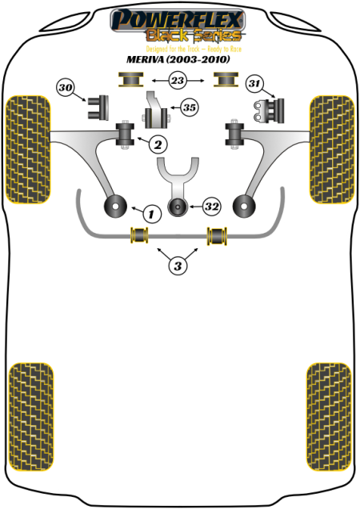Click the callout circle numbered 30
pos(66,87)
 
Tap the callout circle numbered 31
pos(254,83)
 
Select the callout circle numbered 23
pos(178,80)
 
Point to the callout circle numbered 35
pos(190,107)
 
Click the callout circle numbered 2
pos(158,144)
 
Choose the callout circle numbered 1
pos(151,214)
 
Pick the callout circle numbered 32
pos(212,206)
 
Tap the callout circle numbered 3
pos(178,266)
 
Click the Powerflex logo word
pos(178,20)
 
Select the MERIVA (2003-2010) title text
pos(178,59)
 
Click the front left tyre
pos(28,150)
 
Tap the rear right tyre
pos(329,417)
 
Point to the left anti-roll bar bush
pos(139,235)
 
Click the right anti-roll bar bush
pos(217,235)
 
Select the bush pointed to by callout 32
pos(178,206)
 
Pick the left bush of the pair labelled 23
pos(130,79)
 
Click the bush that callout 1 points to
pos(115,206)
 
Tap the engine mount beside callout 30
pos(98,107)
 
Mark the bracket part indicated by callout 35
pos(156,110)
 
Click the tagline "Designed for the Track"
pos(173,49)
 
